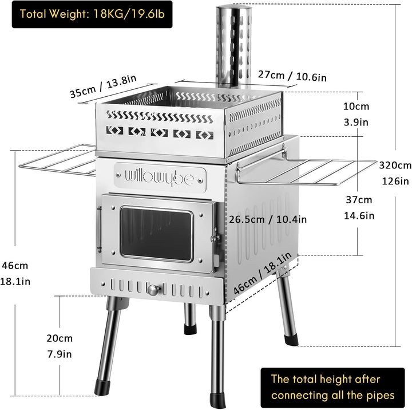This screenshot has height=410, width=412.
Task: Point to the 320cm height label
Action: pos(395,165)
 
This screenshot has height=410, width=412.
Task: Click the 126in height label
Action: pos(395,182)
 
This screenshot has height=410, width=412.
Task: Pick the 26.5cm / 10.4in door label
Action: pos(268,219)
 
